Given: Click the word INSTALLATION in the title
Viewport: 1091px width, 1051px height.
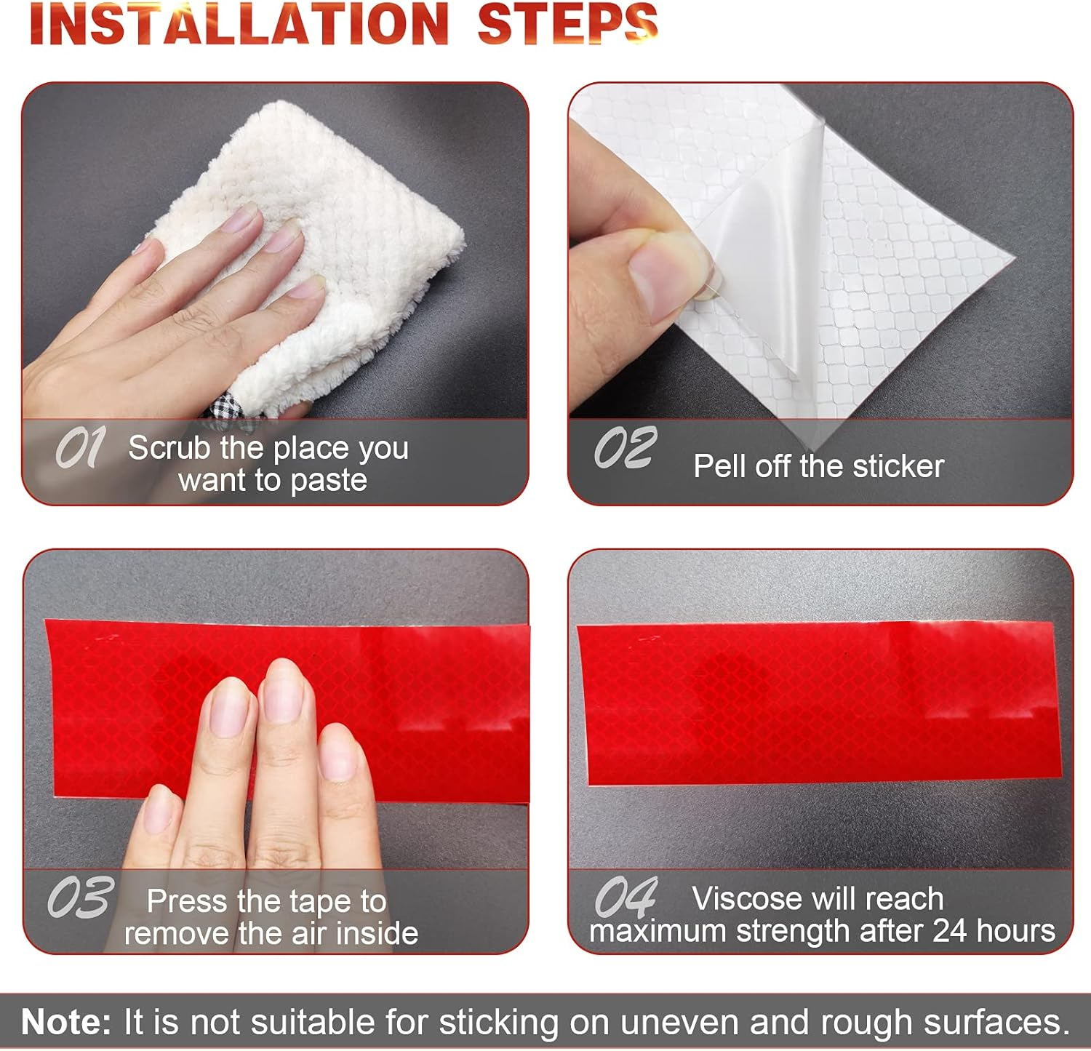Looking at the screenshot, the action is (x=239, y=24).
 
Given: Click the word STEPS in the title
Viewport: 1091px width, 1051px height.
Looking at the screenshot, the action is (x=567, y=23).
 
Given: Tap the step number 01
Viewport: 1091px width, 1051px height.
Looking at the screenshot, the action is (x=80, y=447).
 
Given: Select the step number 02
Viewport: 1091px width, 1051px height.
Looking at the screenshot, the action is (x=626, y=447).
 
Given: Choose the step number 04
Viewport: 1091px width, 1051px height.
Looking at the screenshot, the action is (x=626, y=898).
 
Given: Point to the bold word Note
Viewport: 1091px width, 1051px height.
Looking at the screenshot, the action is (x=66, y=1022).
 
